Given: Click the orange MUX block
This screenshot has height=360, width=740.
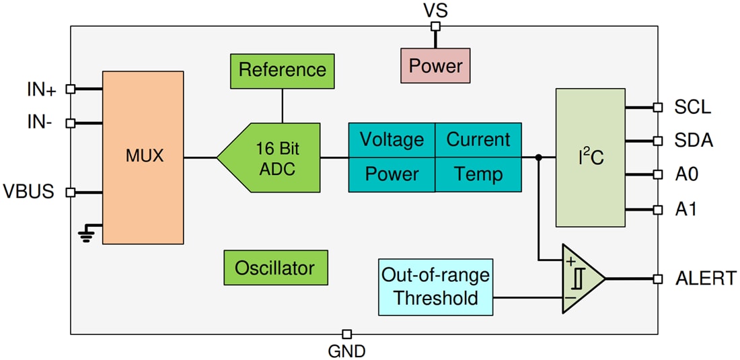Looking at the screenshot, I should (143, 157).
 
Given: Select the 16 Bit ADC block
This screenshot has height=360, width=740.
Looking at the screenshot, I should (272, 158).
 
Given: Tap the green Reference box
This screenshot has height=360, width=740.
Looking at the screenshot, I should (282, 70).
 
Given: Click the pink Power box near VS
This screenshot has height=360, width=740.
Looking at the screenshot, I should (435, 66).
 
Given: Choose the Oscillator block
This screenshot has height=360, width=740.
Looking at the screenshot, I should (274, 268).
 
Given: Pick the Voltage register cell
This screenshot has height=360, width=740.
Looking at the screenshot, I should (392, 140).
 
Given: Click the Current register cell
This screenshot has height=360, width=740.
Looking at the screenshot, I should (478, 140).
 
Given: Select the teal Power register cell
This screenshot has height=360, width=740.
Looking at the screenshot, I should (392, 175).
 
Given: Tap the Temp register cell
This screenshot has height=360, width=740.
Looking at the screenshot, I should (478, 175).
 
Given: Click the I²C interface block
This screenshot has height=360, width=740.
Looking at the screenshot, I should (591, 158).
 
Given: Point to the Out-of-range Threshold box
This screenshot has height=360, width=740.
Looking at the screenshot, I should (435, 287).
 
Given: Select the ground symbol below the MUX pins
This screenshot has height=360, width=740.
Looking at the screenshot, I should (85, 234).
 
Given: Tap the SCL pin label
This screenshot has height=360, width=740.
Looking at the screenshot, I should (692, 107).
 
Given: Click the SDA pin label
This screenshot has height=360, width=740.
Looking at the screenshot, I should (693, 141).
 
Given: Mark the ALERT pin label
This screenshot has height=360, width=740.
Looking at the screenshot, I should (705, 279).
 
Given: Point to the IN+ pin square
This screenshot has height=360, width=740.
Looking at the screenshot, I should (70, 89).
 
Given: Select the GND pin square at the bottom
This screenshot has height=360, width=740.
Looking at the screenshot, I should (346, 334).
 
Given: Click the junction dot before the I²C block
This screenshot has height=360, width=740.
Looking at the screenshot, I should (538, 158).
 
